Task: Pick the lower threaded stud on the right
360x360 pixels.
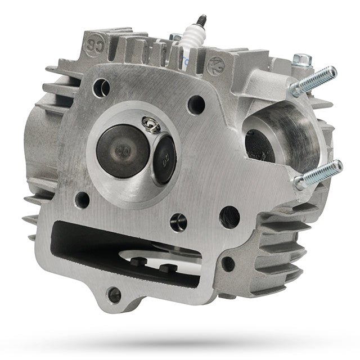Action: click(x=318, y=174)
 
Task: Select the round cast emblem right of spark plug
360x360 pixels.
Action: click(x=215, y=66)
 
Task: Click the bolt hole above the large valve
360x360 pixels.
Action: click(x=101, y=87)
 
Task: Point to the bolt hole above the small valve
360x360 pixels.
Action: click(x=196, y=104)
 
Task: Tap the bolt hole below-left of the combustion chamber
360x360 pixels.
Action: click(x=82, y=200)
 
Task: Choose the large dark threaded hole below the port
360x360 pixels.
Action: click(x=229, y=217)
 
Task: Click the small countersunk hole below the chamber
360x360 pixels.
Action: click(x=178, y=222)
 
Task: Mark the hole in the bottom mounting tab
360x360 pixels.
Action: click(x=114, y=295)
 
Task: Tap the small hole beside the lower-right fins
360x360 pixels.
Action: click(x=228, y=264)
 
